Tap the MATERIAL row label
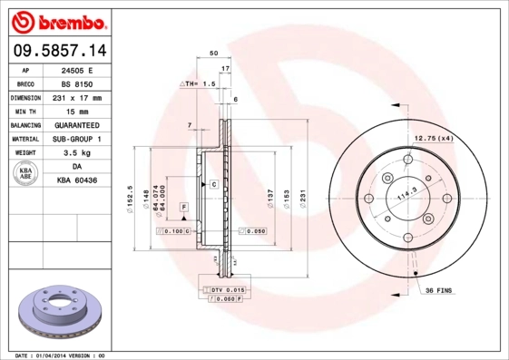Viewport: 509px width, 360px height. click(24, 139)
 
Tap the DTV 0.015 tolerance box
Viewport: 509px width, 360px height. click(225, 288)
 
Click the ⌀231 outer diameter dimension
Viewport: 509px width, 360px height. click(302, 194)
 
